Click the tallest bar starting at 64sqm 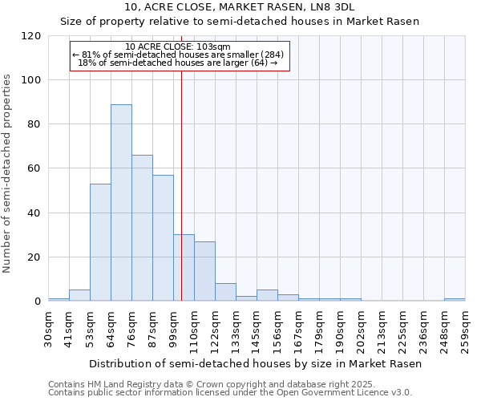coord(121,203)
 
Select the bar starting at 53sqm coord(100,242)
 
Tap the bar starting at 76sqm coord(142,228)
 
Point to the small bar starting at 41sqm coord(79,296)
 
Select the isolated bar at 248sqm coord(455,300)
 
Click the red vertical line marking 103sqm coord(182,184)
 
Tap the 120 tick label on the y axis coord(31,36)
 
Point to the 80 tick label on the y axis coord(34,124)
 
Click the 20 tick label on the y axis coord(34,257)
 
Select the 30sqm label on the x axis coord(49,327)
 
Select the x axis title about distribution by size coord(255,363)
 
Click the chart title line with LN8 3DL coord(240,7)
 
